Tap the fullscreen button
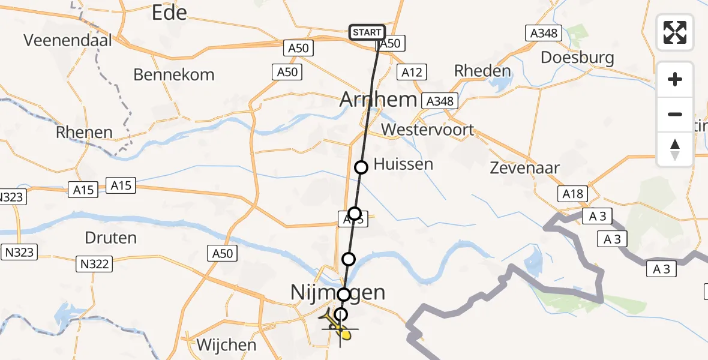675,32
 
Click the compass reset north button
675,149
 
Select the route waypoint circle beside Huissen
361,167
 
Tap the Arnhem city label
378,100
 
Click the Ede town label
169,13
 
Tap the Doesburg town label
577,58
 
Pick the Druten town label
111,238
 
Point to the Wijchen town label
227,345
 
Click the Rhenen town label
84,133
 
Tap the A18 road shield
572,193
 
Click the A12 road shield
412,73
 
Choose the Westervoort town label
427,130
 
